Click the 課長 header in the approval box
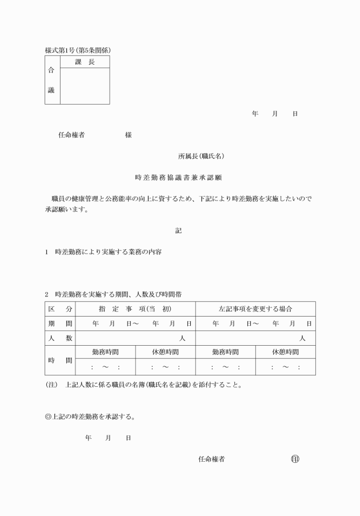coord(85,62)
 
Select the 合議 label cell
coord(52,80)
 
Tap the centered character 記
coord(178,231)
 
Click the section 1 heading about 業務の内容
coord(103,252)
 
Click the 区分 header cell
coord(60,309)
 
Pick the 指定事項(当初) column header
coord(135,309)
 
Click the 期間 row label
coord(60,323)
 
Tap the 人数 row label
coord(60,338)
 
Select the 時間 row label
coord(60,360)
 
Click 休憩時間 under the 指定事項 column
coord(165,352)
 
